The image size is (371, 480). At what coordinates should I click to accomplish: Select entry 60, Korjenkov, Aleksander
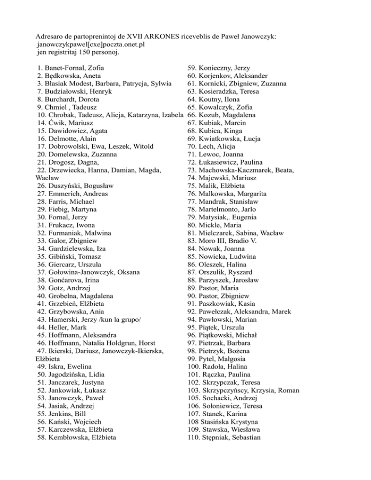(227, 76)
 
